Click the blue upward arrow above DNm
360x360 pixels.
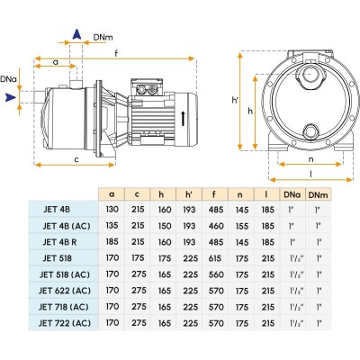[77, 34]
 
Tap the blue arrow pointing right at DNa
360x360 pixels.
[11, 97]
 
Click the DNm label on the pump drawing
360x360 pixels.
[103, 37]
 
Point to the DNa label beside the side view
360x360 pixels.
[8, 79]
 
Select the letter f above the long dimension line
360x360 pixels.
[116, 53]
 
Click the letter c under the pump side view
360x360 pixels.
[76, 159]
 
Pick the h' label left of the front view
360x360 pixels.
[235, 100]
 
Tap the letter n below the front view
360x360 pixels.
[310, 159]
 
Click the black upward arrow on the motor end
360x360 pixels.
[183, 119]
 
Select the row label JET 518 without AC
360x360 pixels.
[58, 258]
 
